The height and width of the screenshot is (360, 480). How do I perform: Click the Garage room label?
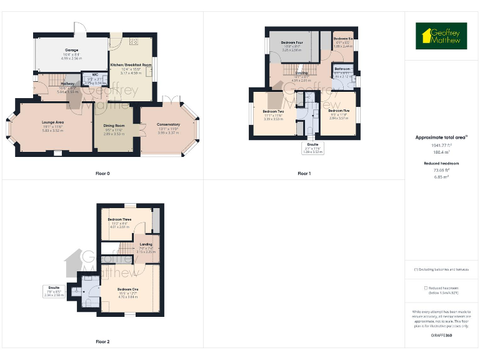(x=72, y=49)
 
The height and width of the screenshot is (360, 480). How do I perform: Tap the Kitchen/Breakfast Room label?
(x=131, y=65)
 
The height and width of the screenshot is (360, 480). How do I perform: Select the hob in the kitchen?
(x=134, y=42)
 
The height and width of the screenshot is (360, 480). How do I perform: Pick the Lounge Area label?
(x=53, y=122)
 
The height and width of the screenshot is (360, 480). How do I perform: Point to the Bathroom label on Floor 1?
(x=342, y=69)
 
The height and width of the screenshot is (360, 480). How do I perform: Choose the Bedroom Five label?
(x=338, y=111)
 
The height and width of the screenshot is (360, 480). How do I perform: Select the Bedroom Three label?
(x=119, y=220)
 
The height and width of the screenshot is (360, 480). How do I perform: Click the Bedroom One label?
(x=127, y=289)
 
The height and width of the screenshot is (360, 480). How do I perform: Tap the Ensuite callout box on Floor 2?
(x=54, y=291)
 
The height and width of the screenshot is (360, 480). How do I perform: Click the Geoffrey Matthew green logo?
(x=441, y=36)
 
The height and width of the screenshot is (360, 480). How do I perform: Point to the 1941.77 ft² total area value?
(x=441, y=145)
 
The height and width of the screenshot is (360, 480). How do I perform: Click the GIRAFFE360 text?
(x=441, y=336)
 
